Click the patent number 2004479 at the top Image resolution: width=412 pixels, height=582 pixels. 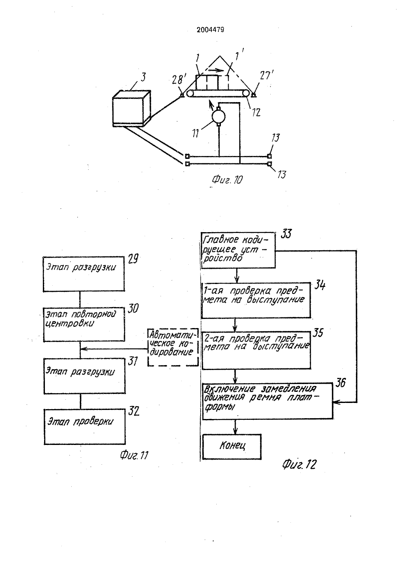click(x=210, y=30)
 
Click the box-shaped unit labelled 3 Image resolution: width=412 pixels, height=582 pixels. click(x=131, y=108)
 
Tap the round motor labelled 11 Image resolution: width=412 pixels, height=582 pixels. click(x=219, y=117)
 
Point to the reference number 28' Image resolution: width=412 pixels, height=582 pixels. click(x=179, y=79)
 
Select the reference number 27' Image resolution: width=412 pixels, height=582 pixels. click(x=267, y=76)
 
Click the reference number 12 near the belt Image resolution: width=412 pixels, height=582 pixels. click(x=256, y=112)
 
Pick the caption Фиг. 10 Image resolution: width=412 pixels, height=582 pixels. click(x=227, y=179)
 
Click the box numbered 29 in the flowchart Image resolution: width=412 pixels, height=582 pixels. click(x=84, y=274)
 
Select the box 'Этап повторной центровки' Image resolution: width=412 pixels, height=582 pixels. click(x=84, y=324)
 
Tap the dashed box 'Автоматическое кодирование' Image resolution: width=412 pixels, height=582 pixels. click(x=173, y=347)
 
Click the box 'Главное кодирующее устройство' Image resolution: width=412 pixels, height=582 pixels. click(x=238, y=250)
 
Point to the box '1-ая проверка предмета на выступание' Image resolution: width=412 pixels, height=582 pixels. click(x=256, y=300)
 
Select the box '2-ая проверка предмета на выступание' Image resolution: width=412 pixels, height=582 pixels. click(x=256, y=350)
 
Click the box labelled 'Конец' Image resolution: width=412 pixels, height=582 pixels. click(x=232, y=446)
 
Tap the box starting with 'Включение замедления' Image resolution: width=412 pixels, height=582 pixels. click(x=268, y=400)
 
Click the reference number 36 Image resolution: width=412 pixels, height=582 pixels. click(x=340, y=383)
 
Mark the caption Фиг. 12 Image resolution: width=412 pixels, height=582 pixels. click(x=300, y=464)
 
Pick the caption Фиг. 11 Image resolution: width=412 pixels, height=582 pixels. click(x=134, y=455)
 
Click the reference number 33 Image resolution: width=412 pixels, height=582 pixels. click(x=286, y=233)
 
